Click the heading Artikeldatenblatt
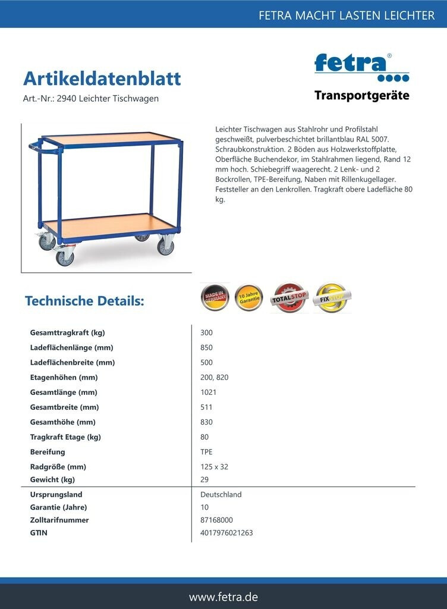click(x=102, y=79)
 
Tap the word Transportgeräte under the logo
click(x=361, y=95)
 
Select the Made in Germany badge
click(x=215, y=297)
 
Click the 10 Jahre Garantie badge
click(x=249, y=297)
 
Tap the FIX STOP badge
click(x=332, y=297)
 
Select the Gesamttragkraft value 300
click(x=206, y=332)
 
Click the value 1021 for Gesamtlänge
click(x=209, y=393)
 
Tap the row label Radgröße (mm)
click(x=58, y=467)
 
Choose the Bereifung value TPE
click(x=206, y=452)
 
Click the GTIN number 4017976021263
click(x=226, y=533)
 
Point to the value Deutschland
click(x=221, y=494)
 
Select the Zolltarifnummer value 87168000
click(x=216, y=520)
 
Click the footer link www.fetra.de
click(x=223, y=597)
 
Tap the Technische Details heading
click(x=84, y=301)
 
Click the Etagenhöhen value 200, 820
click(x=215, y=377)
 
